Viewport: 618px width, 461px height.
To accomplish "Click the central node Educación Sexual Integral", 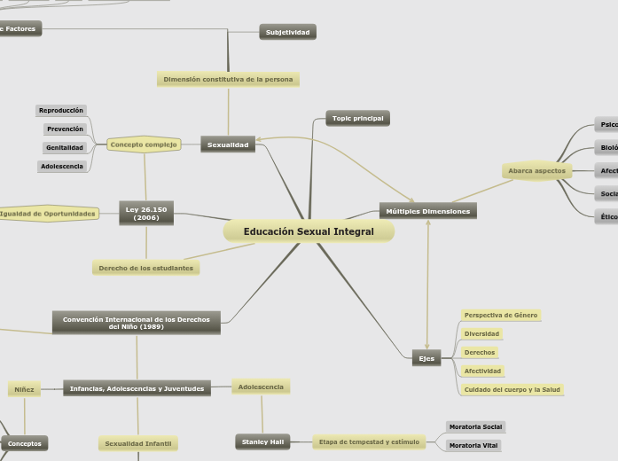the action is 309,231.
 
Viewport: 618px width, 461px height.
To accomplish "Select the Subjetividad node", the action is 288,32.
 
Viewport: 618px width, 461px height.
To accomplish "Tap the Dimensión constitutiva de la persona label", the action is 228,79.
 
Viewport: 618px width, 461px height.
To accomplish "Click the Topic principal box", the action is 357,118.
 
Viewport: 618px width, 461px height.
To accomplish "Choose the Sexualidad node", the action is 228,144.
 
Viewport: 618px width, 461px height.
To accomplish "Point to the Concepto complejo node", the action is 144,144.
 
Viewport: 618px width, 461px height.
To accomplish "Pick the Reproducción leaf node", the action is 61,111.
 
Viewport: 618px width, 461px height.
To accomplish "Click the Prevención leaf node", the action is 66,129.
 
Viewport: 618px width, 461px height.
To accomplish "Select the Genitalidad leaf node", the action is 66,147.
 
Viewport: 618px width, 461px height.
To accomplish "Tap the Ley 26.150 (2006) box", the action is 146,213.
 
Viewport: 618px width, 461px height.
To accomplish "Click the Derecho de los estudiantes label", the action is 146,267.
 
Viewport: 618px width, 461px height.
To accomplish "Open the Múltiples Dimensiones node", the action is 428,211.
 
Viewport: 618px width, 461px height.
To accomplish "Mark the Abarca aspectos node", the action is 536,170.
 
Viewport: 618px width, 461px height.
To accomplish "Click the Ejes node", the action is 426,358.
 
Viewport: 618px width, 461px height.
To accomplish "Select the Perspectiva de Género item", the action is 501,315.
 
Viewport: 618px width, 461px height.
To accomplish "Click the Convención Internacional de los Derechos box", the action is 137,322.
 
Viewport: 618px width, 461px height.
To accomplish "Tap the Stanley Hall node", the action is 262,441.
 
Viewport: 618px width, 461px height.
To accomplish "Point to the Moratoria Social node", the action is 475,426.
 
